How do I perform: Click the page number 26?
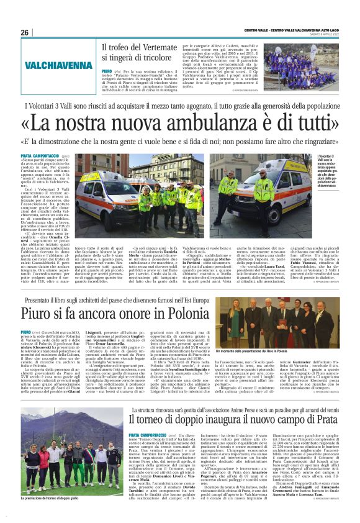[x=25, y=32]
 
